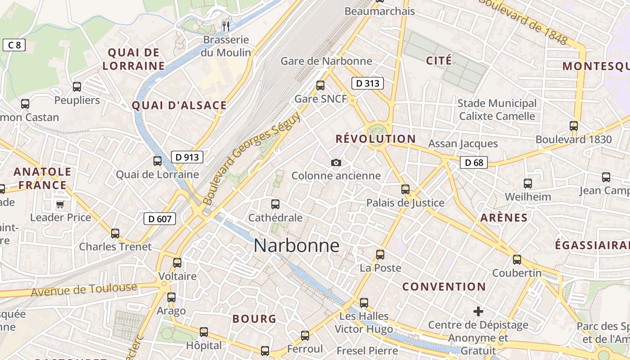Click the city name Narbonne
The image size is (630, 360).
pyautogui.click(x=297, y=246)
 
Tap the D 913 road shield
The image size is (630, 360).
pyautogui.click(x=187, y=157)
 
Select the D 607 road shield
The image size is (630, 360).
pyautogui.click(x=159, y=219)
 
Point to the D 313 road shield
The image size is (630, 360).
pyautogui.click(x=367, y=83)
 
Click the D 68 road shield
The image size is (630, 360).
pyautogui.click(x=474, y=162)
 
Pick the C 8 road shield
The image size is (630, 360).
pyautogui.click(x=14, y=45)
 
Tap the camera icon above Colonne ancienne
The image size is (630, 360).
pyautogui.click(x=336, y=162)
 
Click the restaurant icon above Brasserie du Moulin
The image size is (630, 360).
pyautogui.click(x=226, y=27)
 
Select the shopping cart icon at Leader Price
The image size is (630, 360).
pyautogui.click(x=60, y=205)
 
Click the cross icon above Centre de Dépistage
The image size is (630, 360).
pyautogui.click(x=478, y=311)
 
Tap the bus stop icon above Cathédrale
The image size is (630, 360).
pyautogui.click(x=275, y=204)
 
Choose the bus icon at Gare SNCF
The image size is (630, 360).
pyautogui.click(x=320, y=85)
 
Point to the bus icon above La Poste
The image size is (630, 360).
pyautogui.click(x=380, y=255)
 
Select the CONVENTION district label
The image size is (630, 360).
pyautogui.click(x=444, y=287)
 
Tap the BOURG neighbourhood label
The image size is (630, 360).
pyautogui.click(x=254, y=319)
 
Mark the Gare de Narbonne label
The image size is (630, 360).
pyautogui.click(x=326, y=61)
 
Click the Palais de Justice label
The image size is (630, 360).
pyautogui.click(x=405, y=203)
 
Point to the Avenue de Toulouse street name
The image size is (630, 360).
pyautogui.click(x=84, y=289)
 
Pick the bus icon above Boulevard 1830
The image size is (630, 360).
pyautogui.click(x=574, y=126)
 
